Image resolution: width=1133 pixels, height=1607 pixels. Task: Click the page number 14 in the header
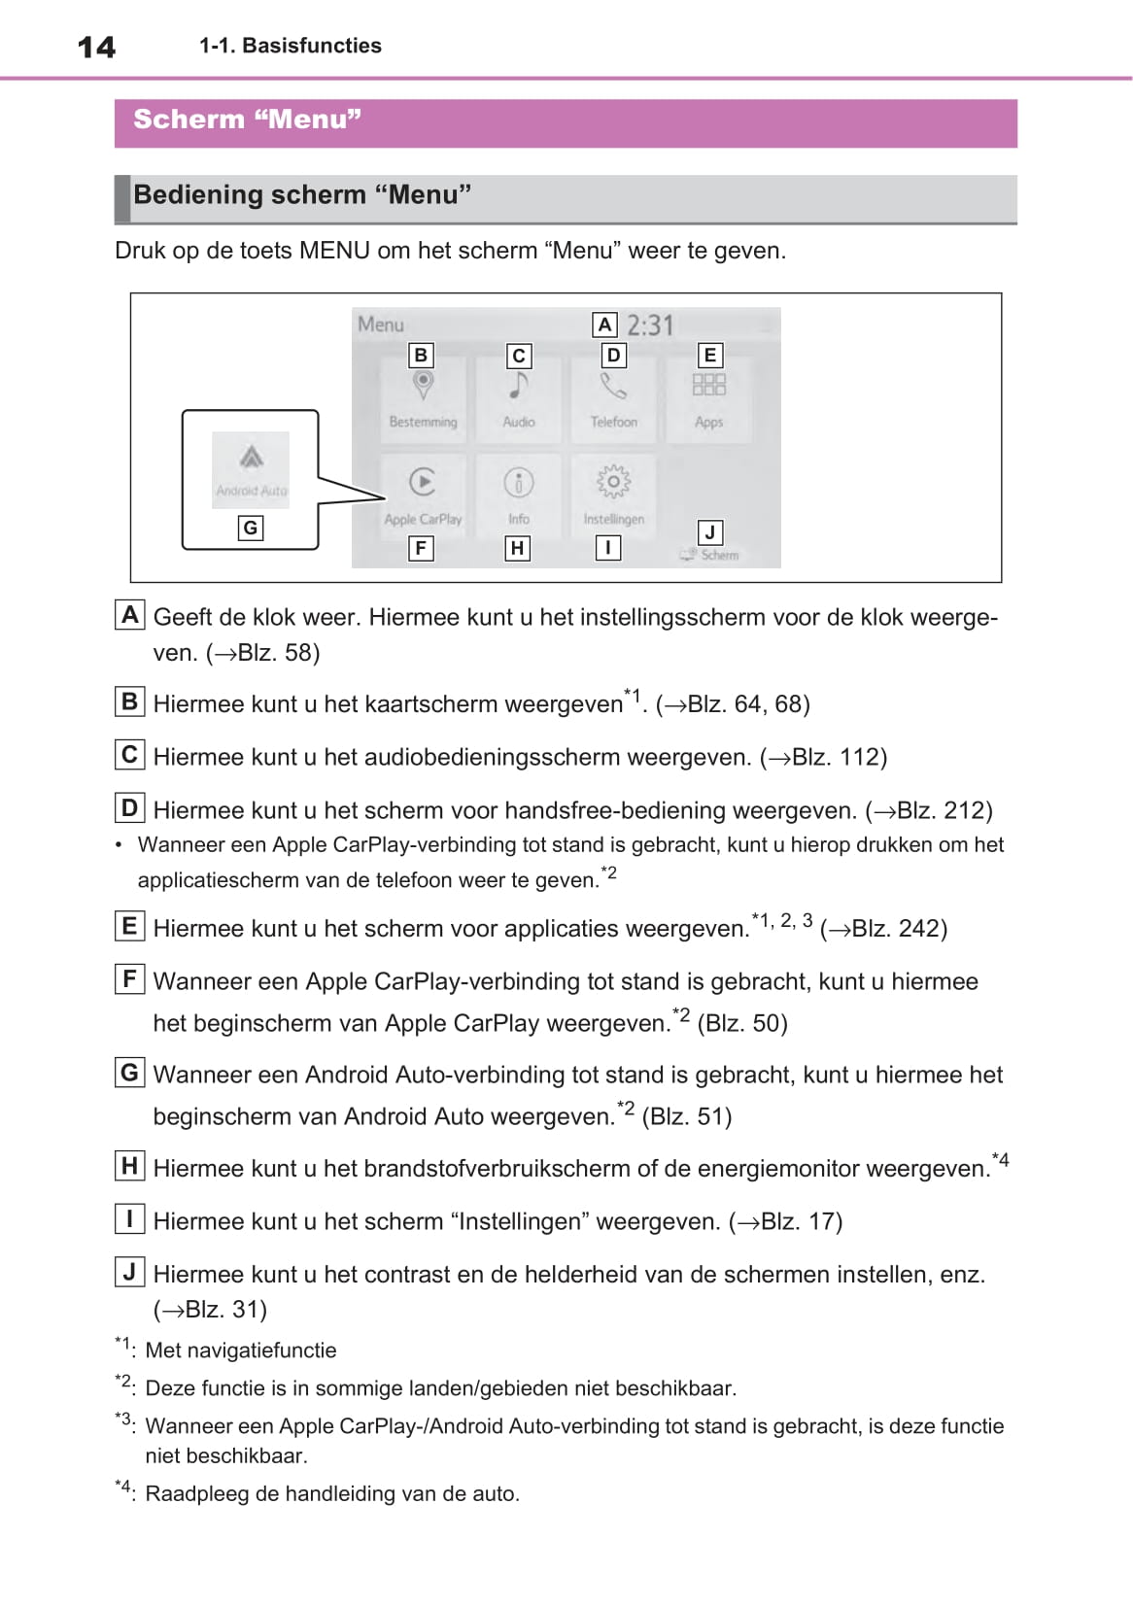pos(96,47)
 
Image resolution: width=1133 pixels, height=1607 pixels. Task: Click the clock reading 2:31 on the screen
pos(650,325)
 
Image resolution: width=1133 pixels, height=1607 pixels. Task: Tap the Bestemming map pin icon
pos(423,386)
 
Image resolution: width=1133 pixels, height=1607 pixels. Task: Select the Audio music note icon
pos(519,387)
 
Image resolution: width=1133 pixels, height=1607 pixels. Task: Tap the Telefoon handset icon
pos(613,387)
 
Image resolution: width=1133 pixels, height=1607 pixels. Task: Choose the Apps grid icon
pos(708,385)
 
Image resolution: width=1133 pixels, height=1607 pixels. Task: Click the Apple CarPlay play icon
pos(423,482)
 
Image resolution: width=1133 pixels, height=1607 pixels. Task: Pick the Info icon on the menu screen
pos(519,483)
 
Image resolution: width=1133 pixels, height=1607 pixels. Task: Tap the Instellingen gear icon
pos(613,482)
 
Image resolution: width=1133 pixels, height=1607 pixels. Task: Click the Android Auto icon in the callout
pos(252,457)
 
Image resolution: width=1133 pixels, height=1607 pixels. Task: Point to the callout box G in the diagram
pos(251,528)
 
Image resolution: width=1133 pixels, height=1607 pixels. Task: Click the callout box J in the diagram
pos(709,532)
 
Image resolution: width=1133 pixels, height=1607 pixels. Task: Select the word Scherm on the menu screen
pos(720,555)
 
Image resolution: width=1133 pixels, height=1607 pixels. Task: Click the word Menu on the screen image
pos(381,325)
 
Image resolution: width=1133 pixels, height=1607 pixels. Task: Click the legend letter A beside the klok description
pos(129,615)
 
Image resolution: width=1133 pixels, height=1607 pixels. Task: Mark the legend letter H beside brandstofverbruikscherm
pos(129,1165)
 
